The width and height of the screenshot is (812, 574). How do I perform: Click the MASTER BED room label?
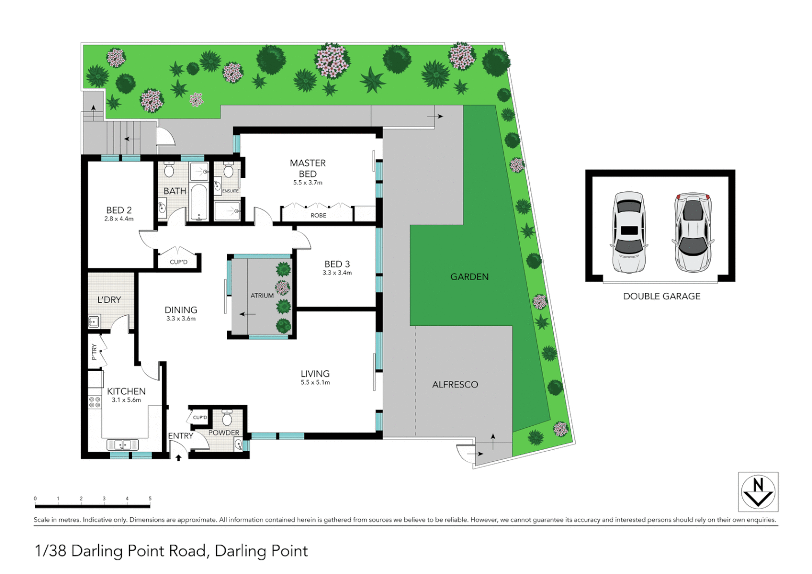point(308,168)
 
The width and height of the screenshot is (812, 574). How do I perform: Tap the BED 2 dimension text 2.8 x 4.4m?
point(119,219)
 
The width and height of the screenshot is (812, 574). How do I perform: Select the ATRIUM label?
point(262,296)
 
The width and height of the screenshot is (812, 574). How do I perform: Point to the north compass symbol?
point(758,492)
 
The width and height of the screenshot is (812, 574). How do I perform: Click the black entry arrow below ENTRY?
point(179,457)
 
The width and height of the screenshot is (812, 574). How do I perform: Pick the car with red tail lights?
point(692,232)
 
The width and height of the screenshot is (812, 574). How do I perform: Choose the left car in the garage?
point(629,232)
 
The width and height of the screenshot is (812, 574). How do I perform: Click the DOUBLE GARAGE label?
point(662,297)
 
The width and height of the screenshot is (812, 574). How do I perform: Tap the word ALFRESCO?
point(455,384)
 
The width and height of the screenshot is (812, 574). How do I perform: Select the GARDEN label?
point(469,277)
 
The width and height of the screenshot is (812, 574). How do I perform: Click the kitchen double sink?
point(123,444)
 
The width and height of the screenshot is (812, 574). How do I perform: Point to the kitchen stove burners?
point(95,402)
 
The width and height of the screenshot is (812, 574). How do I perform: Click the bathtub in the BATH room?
point(199,202)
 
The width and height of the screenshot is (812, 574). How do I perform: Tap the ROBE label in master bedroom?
point(318,215)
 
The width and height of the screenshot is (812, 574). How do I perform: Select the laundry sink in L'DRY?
point(94,322)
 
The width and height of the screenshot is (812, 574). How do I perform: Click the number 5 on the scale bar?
point(150,499)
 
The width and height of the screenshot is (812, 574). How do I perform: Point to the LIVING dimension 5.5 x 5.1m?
point(315,383)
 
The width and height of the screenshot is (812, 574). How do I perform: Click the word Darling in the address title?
point(97,551)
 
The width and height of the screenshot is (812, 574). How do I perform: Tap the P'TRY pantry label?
point(94,351)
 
